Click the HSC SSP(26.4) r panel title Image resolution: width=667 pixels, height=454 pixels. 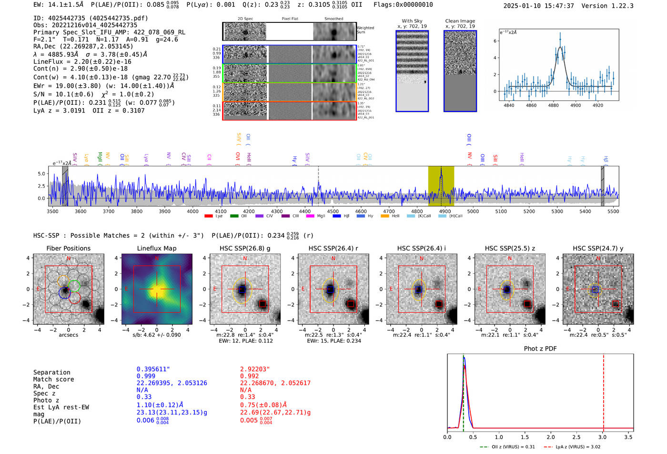(x=333, y=248)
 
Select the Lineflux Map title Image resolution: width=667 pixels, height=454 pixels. (x=156, y=248)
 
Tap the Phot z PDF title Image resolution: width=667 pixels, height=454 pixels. (x=540, y=349)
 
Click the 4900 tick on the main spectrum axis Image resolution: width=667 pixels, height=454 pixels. (x=445, y=211)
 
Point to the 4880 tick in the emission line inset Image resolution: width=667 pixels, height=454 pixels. (x=553, y=105)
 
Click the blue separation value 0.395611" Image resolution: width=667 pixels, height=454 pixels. (x=153, y=369)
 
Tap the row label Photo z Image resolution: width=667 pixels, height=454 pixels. (x=46, y=400)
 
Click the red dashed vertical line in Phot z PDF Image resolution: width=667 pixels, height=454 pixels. (x=603, y=391)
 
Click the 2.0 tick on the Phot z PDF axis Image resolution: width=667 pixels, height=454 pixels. (x=551, y=437)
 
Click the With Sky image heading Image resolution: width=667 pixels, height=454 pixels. (x=412, y=21)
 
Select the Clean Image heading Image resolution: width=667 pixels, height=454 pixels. (x=460, y=21)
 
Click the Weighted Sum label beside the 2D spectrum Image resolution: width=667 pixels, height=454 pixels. (x=365, y=30)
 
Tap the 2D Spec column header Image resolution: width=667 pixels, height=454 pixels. (x=245, y=19)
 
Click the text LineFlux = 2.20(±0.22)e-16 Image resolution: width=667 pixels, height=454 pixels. (x=82, y=61)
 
